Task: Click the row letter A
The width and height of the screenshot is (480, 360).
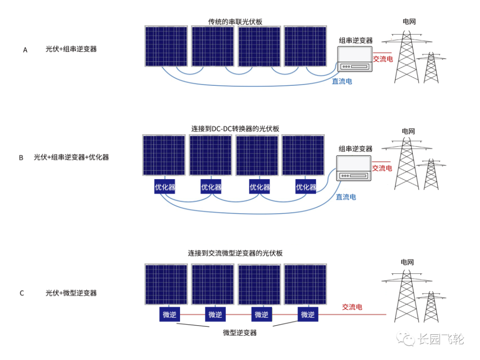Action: click(x=25, y=50)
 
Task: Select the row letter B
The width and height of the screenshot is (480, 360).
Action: click(x=21, y=157)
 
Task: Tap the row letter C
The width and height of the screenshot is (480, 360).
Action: click(x=22, y=293)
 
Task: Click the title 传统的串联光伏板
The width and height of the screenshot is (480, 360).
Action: click(x=235, y=22)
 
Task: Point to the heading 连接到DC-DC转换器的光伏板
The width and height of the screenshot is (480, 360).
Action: click(x=235, y=128)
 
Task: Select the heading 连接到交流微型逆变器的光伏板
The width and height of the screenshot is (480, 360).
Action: click(x=235, y=253)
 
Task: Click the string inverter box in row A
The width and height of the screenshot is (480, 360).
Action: click(x=355, y=59)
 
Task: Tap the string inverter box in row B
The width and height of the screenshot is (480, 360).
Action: click(x=354, y=168)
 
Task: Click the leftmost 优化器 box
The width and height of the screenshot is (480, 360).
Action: click(x=165, y=187)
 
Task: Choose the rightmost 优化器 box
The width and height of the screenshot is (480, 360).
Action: click(x=306, y=187)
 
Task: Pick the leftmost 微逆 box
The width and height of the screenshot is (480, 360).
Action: click(x=170, y=315)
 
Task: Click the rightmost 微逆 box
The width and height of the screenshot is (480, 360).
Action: click(x=307, y=315)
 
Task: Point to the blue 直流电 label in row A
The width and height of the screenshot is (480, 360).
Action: click(x=342, y=82)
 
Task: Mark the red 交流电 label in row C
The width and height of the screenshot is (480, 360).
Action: click(x=352, y=307)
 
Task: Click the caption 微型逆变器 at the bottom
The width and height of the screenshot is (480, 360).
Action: click(x=240, y=333)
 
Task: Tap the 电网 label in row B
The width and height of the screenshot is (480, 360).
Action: click(x=408, y=131)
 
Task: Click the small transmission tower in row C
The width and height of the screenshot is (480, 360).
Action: click(x=431, y=307)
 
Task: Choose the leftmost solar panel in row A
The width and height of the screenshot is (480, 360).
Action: click(x=166, y=46)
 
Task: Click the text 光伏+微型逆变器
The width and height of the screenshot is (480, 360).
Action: click(x=71, y=293)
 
